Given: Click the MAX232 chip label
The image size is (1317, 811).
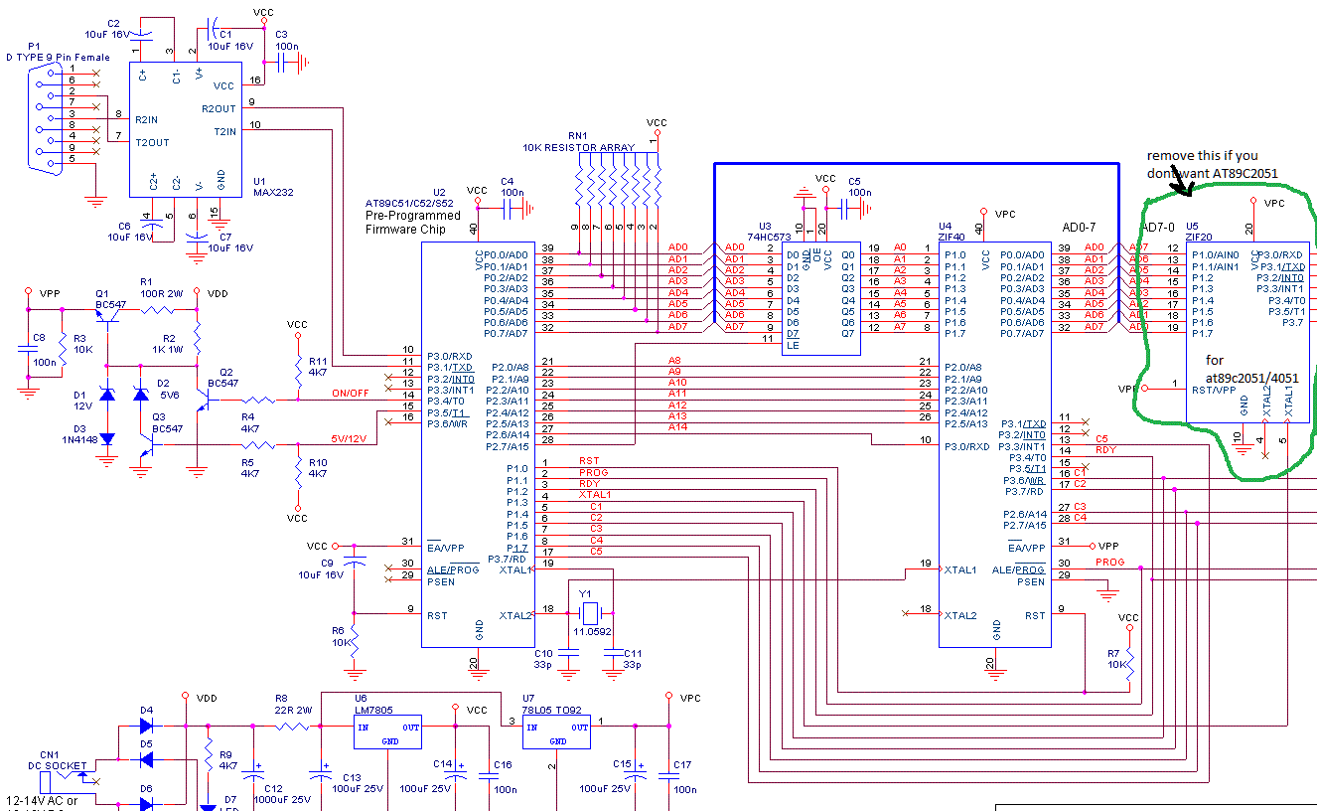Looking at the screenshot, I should (271, 193).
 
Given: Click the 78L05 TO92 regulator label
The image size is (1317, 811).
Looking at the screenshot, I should (556, 711).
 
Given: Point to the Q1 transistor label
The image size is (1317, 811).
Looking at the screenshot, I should (102, 293).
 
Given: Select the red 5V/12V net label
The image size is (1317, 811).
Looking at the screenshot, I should (350, 438).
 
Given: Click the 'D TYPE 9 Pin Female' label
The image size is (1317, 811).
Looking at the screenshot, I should (58, 58).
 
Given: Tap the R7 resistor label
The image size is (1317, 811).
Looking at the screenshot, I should (1113, 653).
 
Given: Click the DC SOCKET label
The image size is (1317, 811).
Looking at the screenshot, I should (61, 766).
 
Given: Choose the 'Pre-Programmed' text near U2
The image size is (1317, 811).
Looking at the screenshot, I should (412, 215).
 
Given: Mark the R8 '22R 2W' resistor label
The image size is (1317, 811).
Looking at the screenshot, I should (293, 710).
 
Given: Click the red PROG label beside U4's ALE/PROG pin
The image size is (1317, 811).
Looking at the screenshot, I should (1109, 562).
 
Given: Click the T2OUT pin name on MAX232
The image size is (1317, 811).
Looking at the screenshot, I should (152, 142).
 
